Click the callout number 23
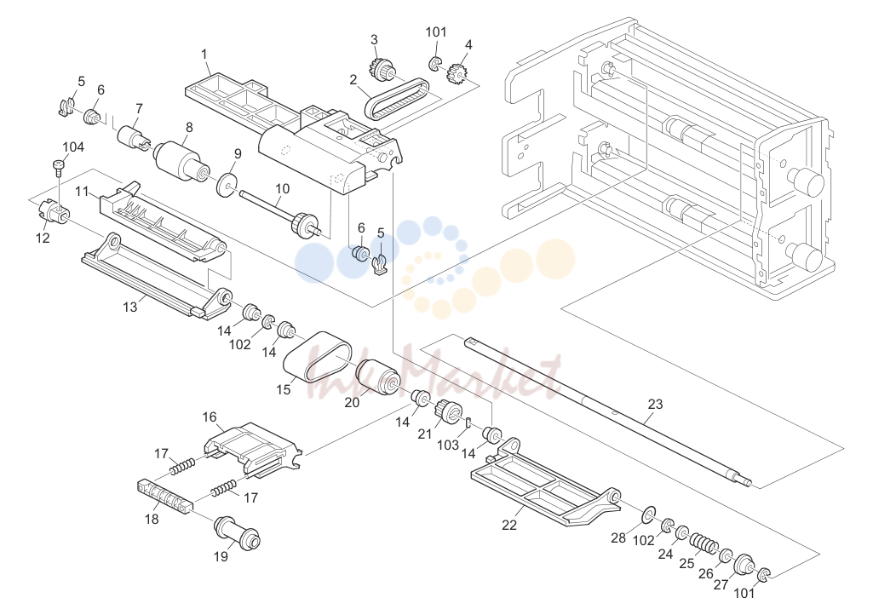tap(655, 404)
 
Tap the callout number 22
tap(508, 526)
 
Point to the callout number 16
tap(210, 417)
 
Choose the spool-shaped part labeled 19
tap(237, 532)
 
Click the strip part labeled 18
tap(164, 495)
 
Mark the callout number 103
tap(448, 445)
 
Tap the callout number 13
tap(129, 307)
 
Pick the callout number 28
tap(618, 537)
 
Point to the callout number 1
tap(204, 55)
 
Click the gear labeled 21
tap(448, 411)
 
